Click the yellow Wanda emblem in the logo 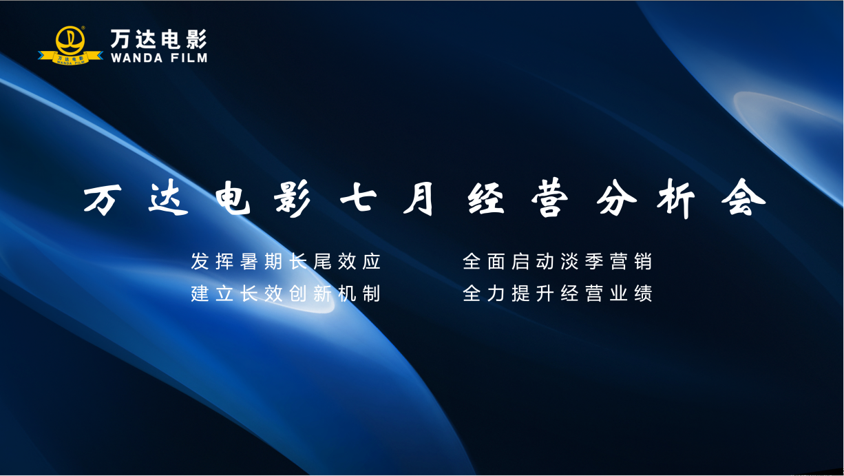70,43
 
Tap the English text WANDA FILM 158,58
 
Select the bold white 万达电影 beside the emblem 158,38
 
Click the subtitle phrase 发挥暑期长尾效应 286,262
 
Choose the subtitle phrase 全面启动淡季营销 558,262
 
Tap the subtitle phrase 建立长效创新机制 286,294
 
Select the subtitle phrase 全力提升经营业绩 558,294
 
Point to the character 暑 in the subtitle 249,262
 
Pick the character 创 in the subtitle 298,294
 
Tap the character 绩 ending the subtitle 643,294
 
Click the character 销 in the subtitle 643,262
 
